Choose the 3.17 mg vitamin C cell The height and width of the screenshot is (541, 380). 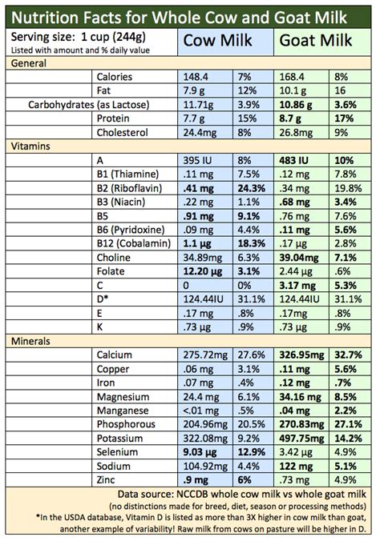(296, 285)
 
